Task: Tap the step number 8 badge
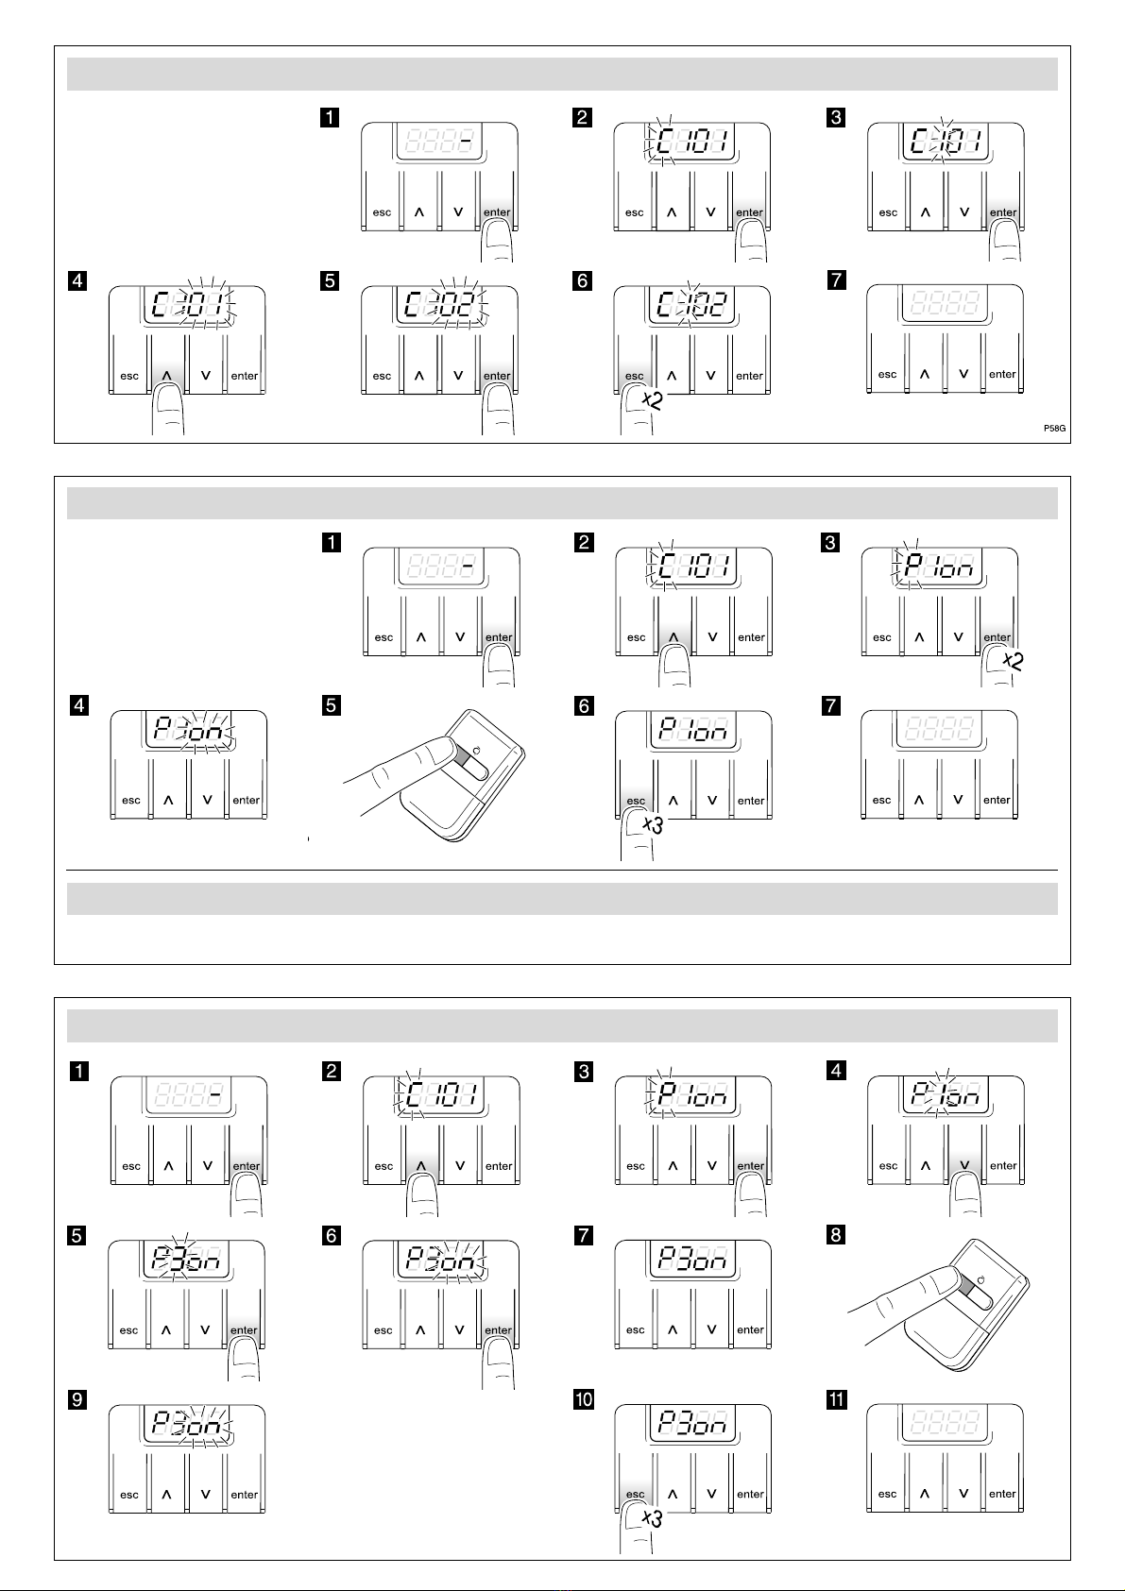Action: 835,1235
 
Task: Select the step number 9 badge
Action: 78,1399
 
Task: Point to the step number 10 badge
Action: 584,1399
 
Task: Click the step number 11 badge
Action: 836,1399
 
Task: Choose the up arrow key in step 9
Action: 167,1495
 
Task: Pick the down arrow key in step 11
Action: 963,1494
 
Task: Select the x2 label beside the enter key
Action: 1012,661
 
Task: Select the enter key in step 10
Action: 750,1494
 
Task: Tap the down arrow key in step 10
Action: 711,1494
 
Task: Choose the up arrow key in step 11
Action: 925,1494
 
